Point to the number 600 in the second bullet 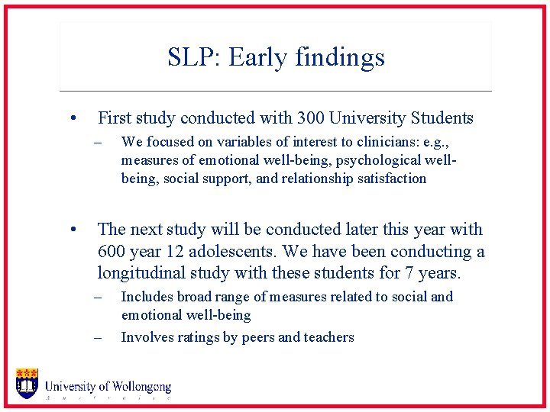pyautogui.click(x=112, y=251)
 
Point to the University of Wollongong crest pyautogui.click(x=27, y=383)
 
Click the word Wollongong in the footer pyautogui.click(x=141, y=388)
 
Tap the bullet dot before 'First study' pyautogui.click(x=71, y=119)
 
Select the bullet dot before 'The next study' pyautogui.click(x=71, y=230)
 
